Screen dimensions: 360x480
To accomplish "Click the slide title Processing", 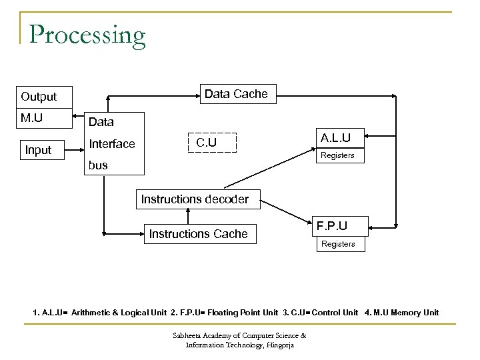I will click(x=87, y=35).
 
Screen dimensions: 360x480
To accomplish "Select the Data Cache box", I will click(x=236, y=94).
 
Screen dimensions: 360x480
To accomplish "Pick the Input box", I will click(x=38, y=149).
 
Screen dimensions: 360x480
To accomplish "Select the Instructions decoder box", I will click(x=194, y=199).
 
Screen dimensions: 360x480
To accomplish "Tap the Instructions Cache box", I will click(x=198, y=233).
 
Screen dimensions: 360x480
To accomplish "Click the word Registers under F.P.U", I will click(x=338, y=244).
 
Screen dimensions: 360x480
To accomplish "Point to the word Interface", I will click(x=112, y=144).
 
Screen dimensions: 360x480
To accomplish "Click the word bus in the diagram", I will click(x=98, y=165).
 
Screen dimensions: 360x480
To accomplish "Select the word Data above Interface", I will click(x=101, y=122).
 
